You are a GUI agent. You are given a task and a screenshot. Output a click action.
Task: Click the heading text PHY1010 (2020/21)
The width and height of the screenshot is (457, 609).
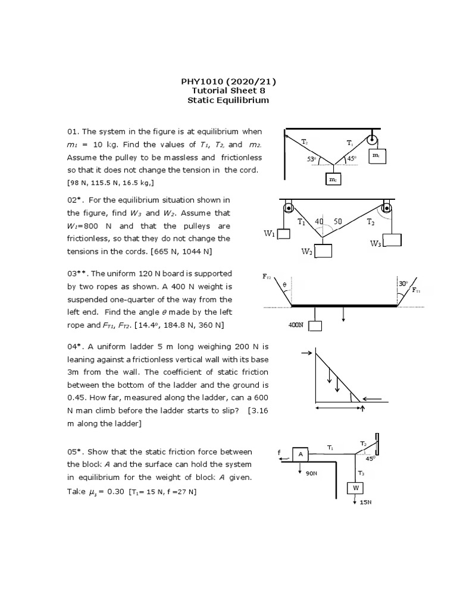[x=228, y=81]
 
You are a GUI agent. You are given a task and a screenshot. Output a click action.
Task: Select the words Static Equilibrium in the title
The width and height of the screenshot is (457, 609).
[x=228, y=101]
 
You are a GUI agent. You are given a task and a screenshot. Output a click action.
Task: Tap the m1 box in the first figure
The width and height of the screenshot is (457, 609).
[x=376, y=155]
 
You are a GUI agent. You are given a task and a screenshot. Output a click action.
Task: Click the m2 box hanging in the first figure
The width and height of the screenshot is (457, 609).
[x=333, y=179]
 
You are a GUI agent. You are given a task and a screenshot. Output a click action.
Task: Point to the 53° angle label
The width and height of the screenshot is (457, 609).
[x=311, y=159]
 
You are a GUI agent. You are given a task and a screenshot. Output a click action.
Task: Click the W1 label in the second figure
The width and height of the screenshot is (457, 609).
[x=269, y=234]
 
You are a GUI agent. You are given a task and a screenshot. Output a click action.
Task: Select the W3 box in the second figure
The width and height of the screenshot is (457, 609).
[x=392, y=240]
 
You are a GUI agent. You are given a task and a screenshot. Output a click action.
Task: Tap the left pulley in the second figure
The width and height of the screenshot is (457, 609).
[x=289, y=209]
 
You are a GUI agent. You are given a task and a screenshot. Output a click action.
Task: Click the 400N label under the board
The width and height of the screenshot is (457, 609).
[x=296, y=325]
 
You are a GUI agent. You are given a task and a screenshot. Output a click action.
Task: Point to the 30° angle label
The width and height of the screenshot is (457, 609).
[x=403, y=284]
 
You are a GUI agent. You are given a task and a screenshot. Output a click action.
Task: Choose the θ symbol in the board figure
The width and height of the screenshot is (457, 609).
[x=284, y=285]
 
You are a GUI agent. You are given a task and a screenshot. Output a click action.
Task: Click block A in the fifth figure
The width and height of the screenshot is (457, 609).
[x=301, y=454]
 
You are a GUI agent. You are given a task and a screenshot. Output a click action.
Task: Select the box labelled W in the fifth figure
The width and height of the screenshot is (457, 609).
[x=355, y=488]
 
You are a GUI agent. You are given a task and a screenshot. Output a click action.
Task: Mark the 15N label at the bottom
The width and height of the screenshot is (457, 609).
[x=366, y=503]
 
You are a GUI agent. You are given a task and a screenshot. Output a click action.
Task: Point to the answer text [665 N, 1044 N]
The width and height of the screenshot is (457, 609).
[x=183, y=252]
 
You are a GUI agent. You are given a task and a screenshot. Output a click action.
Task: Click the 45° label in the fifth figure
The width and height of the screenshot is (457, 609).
[x=370, y=459]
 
